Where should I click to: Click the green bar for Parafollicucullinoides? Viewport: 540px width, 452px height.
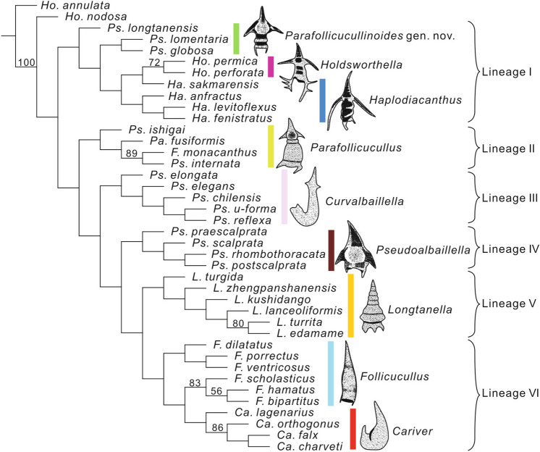236,38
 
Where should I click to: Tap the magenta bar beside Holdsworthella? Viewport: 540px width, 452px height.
271,67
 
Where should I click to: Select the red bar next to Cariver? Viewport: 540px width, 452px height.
353,428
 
